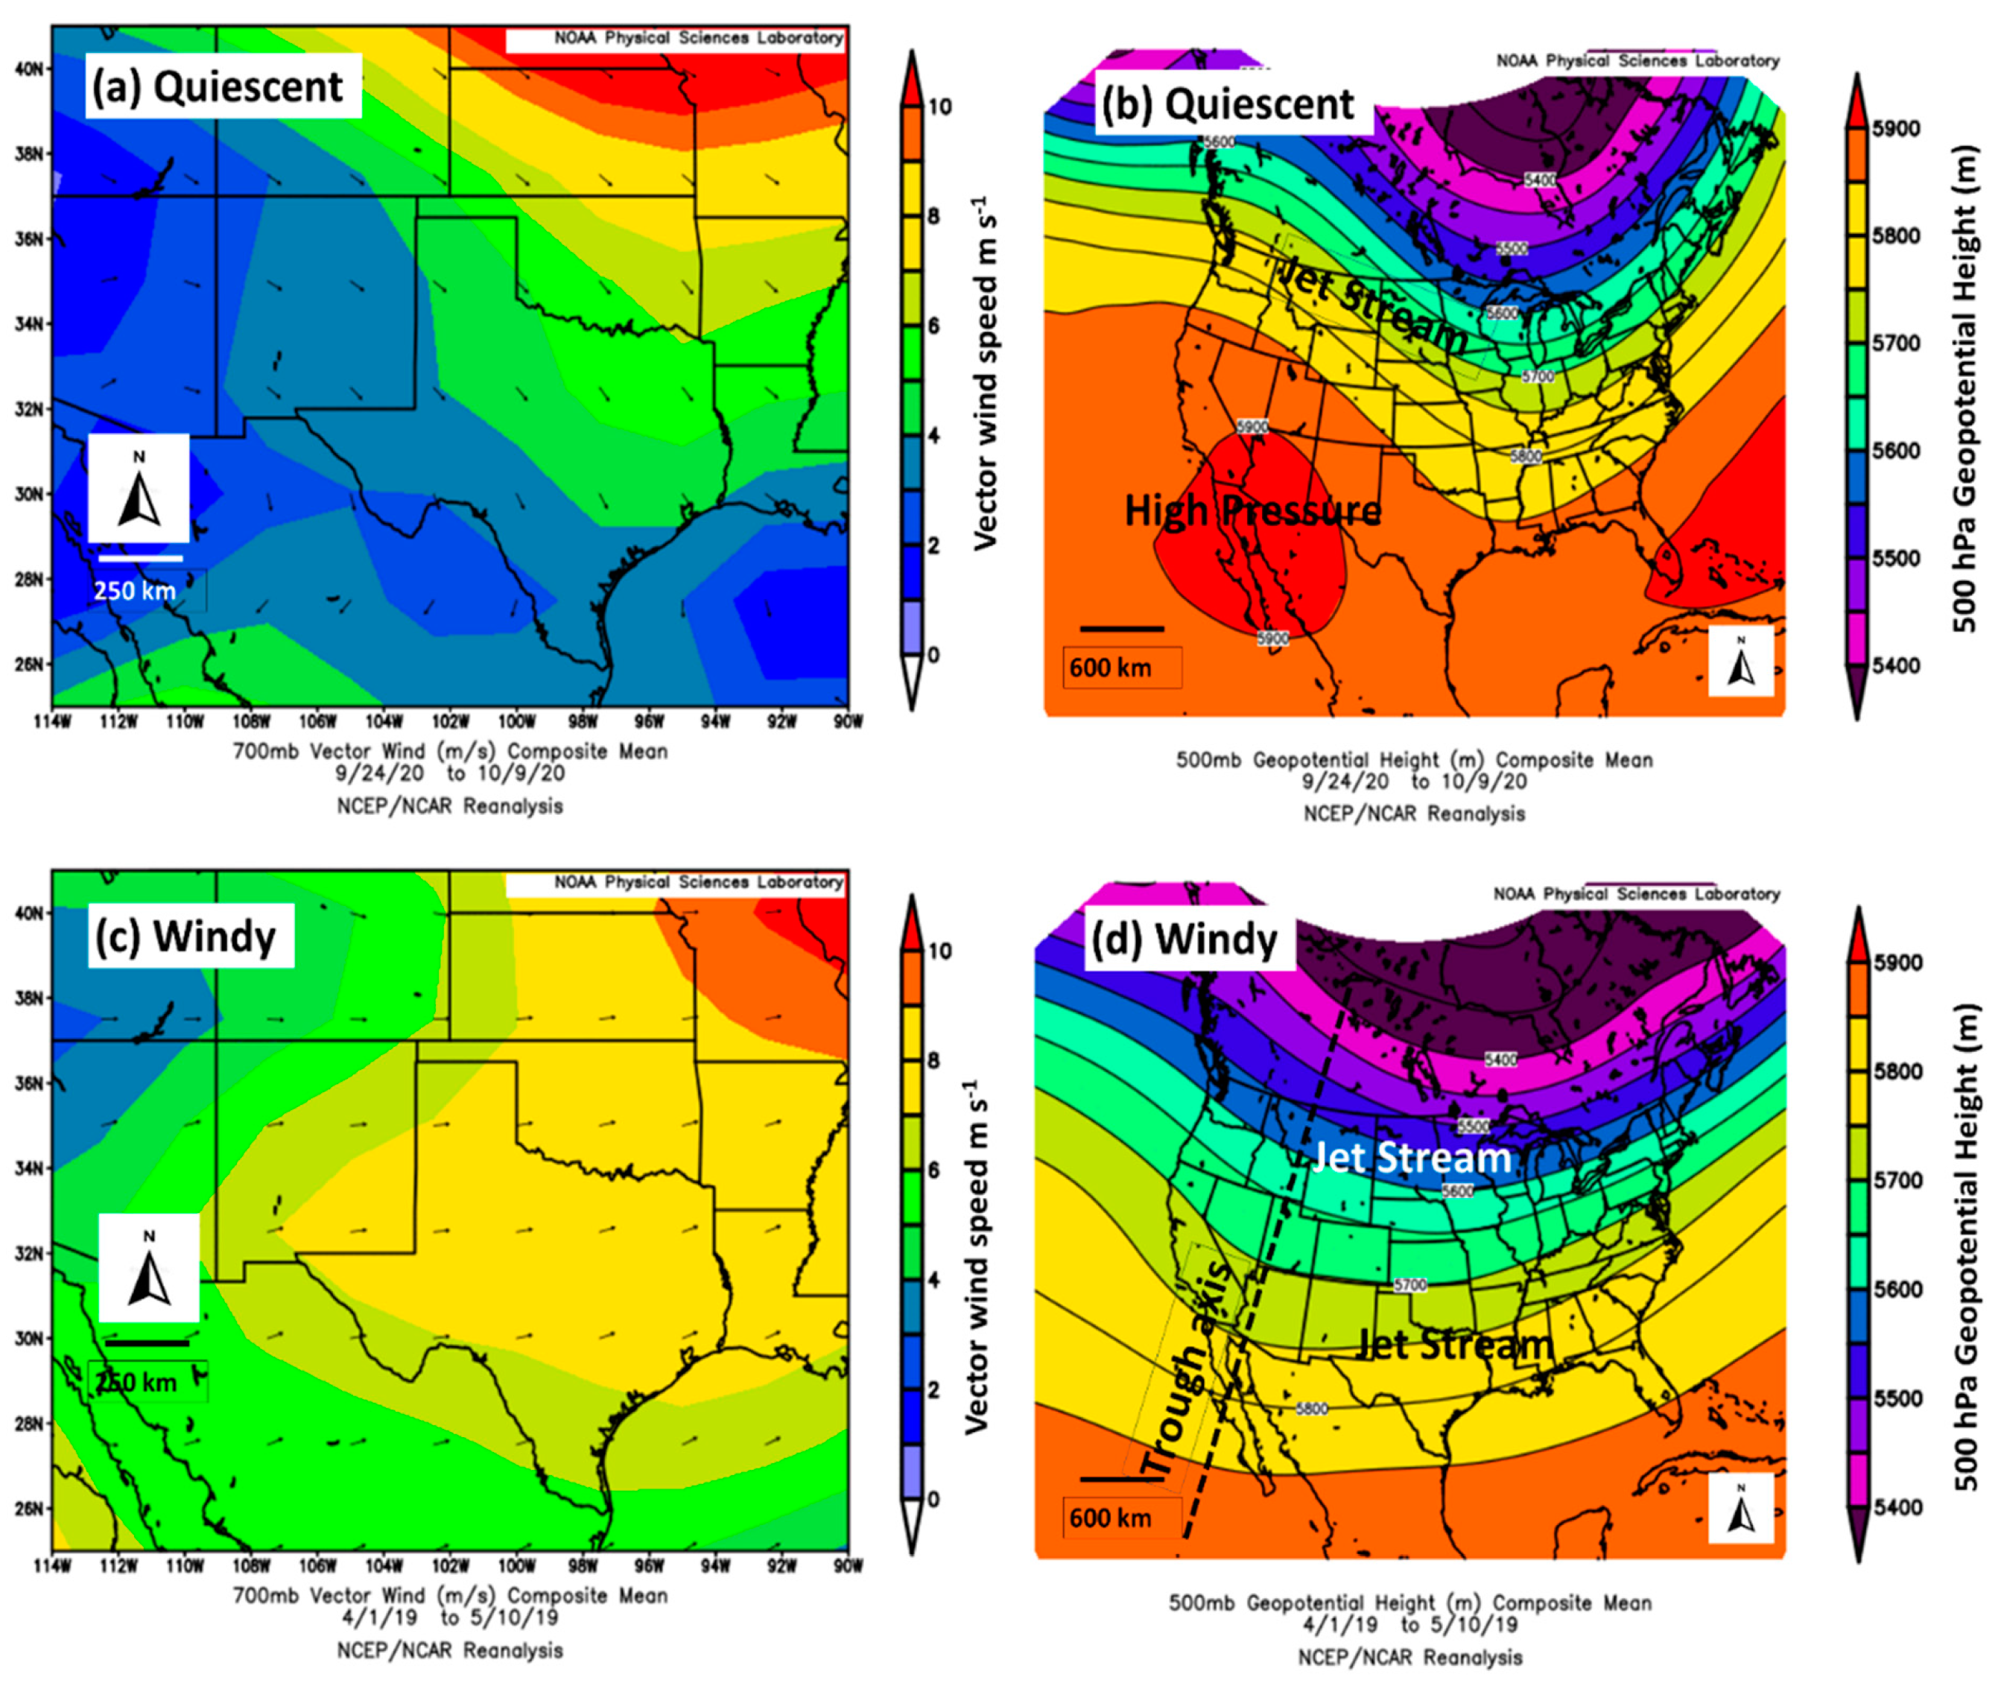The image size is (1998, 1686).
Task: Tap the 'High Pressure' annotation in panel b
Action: tap(1252, 510)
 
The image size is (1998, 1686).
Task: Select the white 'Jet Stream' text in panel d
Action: tap(1411, 1158)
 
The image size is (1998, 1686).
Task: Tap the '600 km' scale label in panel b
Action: tap(1110, 667)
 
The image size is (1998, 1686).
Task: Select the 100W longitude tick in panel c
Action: tap(516, 1565)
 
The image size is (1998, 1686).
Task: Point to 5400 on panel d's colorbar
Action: tap(1896, 1507)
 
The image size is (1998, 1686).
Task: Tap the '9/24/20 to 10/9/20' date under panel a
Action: tap(450, 773)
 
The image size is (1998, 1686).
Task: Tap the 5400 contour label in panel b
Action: tap(1539, 180)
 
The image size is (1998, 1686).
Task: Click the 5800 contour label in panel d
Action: tap(1311, 1409)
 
